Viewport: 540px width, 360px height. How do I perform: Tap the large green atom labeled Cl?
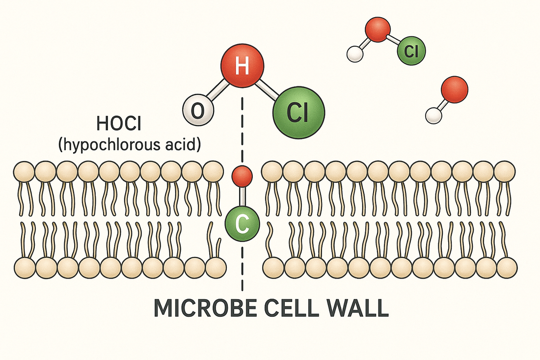tap(298, 113)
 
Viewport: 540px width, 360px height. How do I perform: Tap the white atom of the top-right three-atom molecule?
tap(354, 54)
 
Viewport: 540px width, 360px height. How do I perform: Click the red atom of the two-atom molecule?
tap(454, 89)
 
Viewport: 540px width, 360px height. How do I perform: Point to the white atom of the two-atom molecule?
tap(433, 115)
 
